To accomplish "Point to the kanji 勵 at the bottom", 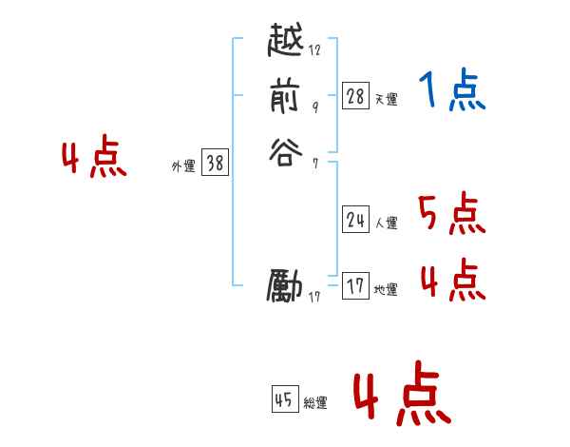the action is [286, 285].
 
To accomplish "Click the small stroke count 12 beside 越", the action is [315, 50].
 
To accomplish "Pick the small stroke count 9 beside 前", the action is [315, 107].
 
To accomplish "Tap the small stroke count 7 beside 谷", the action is [315, 162].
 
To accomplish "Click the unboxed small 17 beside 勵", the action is [315, 297].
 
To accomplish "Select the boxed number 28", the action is [355, 95].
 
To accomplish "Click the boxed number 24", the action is [355, 220].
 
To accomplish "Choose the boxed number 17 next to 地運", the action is [355, 286].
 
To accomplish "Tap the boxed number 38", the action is [215, 164].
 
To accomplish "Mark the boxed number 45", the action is [284, 399].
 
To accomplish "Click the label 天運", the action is [386, 99].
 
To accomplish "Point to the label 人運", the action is [386, 223].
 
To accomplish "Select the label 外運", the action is [183, 166].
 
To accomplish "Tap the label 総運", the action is [315, 403].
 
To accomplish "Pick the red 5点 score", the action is [452, 213].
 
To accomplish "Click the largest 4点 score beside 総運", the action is [401, 398].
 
